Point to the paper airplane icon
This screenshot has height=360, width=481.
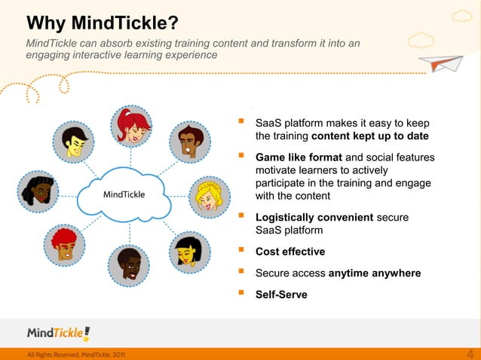(x=444, y=65)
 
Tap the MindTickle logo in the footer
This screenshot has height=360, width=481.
(x=58, y=333)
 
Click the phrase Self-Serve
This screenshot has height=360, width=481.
(x=281, y=294)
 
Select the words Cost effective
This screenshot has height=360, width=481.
(x=290, y=252)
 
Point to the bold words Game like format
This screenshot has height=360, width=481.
(x=299, y=157)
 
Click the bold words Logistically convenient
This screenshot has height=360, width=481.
(x=314, y=218)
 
